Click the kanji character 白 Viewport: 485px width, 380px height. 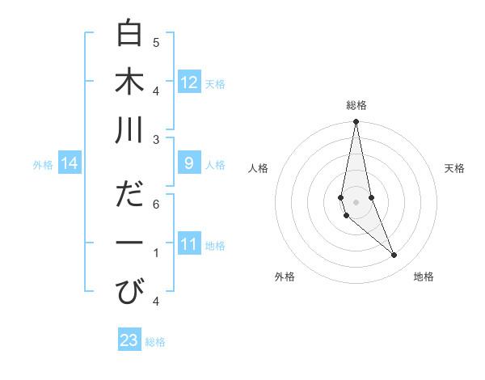coord(129,33)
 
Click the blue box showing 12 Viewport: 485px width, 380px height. coord(189,82)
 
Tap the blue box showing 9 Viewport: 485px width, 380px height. coord(189,164)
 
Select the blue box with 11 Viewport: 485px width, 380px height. coord(189,244)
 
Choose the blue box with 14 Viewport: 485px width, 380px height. coord(70,164)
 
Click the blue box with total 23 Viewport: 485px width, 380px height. coord(129,340)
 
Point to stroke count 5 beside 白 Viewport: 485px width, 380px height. coord(156,42)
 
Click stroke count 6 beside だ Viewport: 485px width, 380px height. coord(156,204)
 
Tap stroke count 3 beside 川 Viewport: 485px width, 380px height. coord(156,139)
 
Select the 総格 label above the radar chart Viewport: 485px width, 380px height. coord(356,105)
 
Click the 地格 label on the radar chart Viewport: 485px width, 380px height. coord(424,277)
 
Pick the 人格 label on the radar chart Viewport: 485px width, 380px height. coord(259,168)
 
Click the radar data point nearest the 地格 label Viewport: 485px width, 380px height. coord(394,255)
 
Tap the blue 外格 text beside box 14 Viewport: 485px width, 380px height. coord(43,165)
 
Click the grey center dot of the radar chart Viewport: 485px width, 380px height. coord(356,201)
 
